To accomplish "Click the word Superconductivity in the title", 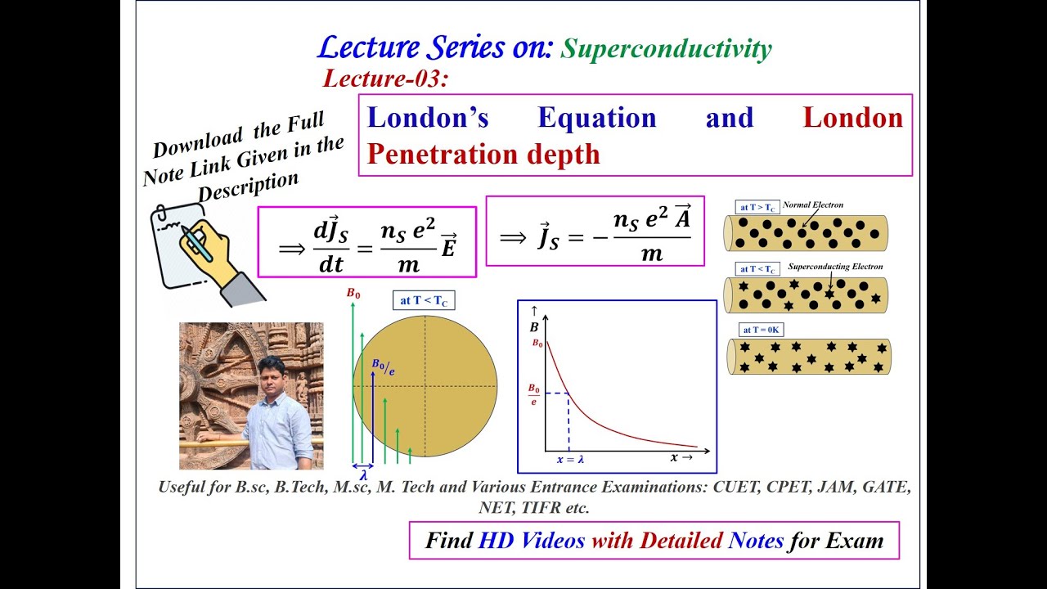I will pyautogui.click(x=666, y=49).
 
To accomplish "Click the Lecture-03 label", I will pyautogui.click(x=386, y=79).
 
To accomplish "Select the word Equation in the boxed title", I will pyautogui.click(x=596, y=118).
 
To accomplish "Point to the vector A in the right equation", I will pyautogui.click(x=682, y=215).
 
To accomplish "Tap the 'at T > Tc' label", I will pyautogui.click(x=757, y=207).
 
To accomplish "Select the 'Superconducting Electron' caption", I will pyautogui.click(x=835, y=267).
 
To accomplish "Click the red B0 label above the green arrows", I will pyautogui.click(x=353, y=293).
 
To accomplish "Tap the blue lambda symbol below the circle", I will pyautogui.click(x=362, y=474).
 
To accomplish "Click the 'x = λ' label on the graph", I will pyautogui.click(x=570, y=460).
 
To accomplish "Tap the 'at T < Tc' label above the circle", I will pyautogui.click(x=424, y=300).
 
